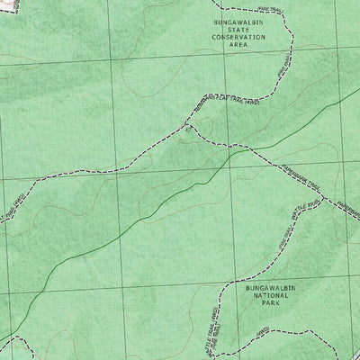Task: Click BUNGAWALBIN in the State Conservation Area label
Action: [238, 21]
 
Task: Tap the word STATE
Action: [238, 29]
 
